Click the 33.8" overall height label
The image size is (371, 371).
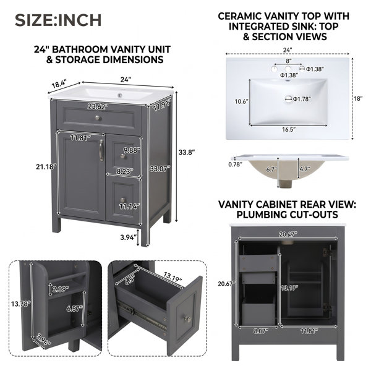(x=187, y=152)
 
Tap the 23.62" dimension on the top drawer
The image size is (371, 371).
(x=98, y=107)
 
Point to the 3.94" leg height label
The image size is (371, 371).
(x=128, y=237)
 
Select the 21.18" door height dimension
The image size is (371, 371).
(x=46, y=167)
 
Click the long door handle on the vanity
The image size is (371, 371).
(x=101, y=150)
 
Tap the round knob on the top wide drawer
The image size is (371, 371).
(x=98, y=117)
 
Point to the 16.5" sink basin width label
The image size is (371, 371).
(x=289, y=129)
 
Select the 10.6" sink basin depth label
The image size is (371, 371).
(x=241, y=101)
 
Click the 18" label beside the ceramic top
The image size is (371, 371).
(x=358, y=98)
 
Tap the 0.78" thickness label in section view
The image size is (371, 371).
(x=235, y=164)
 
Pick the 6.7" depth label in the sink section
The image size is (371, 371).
(x=271, y=169)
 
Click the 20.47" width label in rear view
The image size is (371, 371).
(x=288, y=234)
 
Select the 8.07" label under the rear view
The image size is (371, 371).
(x=260, y=331)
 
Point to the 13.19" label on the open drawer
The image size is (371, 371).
(x=173, y=277)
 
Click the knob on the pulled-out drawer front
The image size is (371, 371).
(x=188, y=319)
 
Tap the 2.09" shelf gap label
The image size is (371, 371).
(x=61, y=289)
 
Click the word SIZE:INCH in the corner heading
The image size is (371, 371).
(x=58, y=20)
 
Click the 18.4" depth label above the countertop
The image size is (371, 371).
(x=59, y=83)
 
